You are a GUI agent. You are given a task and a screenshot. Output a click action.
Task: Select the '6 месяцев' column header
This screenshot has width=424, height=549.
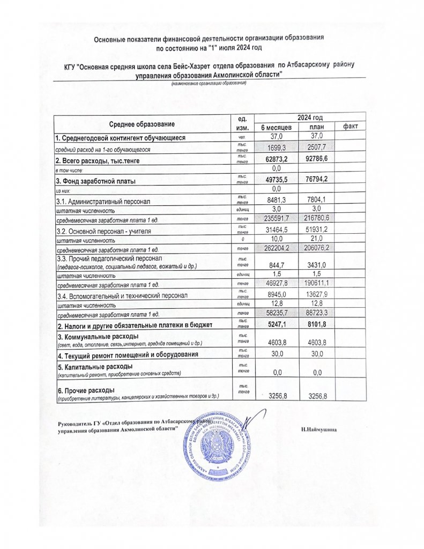click(x=276, y=127)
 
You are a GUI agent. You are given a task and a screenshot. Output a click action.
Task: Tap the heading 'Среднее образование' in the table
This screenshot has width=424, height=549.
click(x=142, y=124)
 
